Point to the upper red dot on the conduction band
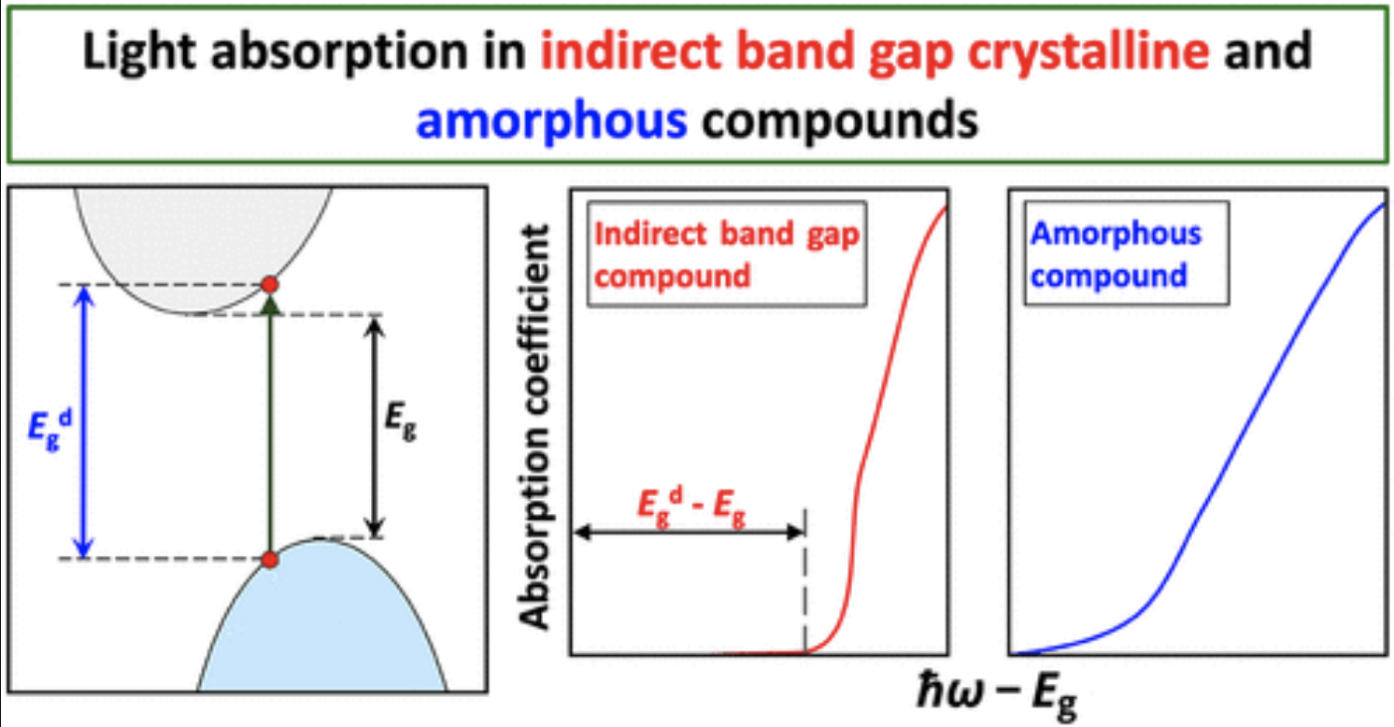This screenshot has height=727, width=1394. [x=270, y=284]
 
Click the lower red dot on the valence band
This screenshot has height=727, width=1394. [x=270, y=560]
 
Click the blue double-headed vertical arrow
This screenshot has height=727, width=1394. [x=85, y=421]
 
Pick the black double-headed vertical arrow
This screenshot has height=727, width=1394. [x=374, y=425]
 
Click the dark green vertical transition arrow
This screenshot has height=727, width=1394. [x=270, y=430]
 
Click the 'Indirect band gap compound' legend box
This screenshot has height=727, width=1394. [x=725, y=254]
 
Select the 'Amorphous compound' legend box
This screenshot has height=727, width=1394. [x=1125, y=254]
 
